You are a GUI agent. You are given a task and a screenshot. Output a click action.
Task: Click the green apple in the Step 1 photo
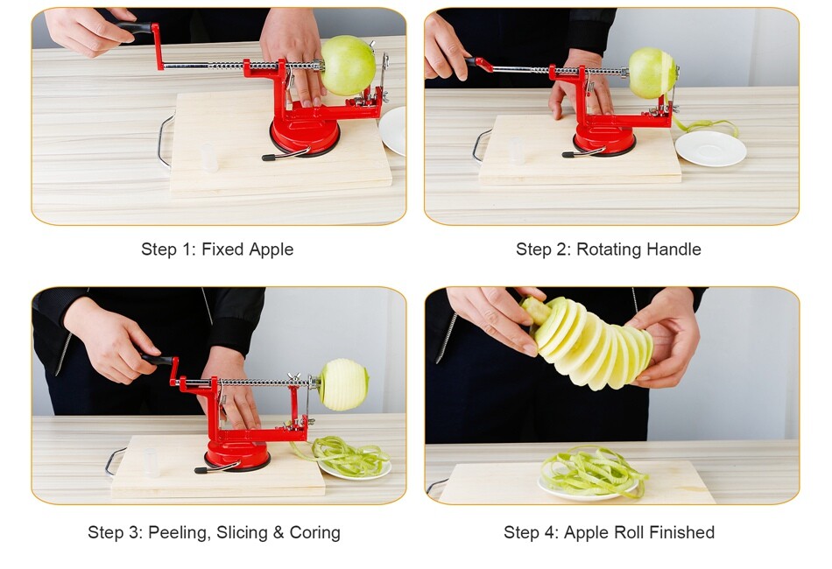pos(349,66)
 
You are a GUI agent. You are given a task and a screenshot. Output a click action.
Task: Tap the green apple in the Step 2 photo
pos(652,73)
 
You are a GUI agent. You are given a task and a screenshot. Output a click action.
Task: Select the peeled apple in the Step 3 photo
pos(343,384)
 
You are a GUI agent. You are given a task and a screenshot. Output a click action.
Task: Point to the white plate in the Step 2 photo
pos(710,148)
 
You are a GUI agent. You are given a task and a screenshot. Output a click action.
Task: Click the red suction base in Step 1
pos(305,136)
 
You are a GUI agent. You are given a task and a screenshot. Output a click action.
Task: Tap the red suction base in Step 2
pos(604,140)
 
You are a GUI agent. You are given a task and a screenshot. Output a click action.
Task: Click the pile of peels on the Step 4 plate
pos(592,472)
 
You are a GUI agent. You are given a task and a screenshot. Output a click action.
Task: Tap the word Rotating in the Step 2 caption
pos(609,249)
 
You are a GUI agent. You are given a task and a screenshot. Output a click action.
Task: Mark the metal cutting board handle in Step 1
pos(162,140)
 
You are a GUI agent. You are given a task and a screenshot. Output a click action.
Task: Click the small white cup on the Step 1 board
pos(208,157)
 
